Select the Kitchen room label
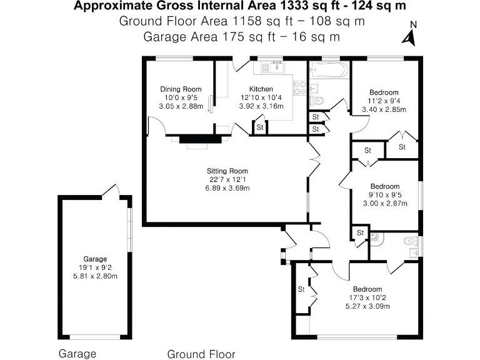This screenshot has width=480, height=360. pyautogui.click(x=261, y=89)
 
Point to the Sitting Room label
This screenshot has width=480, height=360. pyautogui.click(x=227, y=171)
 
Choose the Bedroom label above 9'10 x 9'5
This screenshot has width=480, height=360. pyautogui.click(x=384, y=186)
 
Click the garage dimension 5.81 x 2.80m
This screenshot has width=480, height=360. pyautogui.click(x=96, y=276)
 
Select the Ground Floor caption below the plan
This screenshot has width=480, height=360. pyautogui.click(x=201, y=354)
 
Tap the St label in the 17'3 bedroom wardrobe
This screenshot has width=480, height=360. pyautogui.click(x=301, y=289)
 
